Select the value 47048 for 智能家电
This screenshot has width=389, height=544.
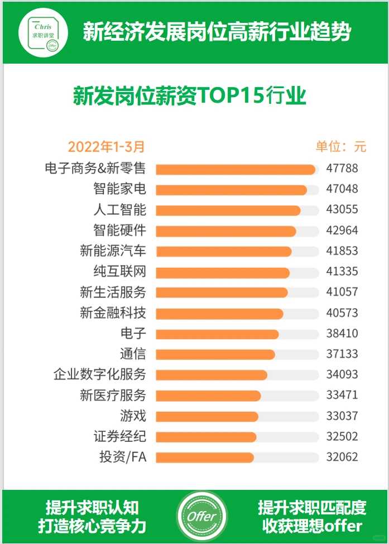click(342, 189)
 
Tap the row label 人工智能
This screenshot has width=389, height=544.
click(119, 210)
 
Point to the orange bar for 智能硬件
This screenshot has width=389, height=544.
click(225, 231)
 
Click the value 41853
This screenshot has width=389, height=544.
click(342, 251)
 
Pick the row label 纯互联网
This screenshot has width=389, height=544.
click(119, 272)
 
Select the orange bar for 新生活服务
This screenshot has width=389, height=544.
click(222, 292)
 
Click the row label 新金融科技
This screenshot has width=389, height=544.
click(113, 313)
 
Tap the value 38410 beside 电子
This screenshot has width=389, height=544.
click(342, 334)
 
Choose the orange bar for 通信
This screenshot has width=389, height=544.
click(215, 354)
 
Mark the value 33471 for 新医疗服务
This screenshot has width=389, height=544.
click(342, 395)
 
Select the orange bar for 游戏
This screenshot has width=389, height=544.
click(207, 416)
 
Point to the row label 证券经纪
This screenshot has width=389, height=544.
click(119, 436)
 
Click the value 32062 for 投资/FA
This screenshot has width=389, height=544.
click(342, 457)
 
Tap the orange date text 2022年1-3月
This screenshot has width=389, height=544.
click(106, 147)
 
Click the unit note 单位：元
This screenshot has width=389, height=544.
click(341, 147)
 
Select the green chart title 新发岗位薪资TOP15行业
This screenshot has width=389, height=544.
click(190, 95)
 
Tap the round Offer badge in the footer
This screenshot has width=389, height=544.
click(201, 517)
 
